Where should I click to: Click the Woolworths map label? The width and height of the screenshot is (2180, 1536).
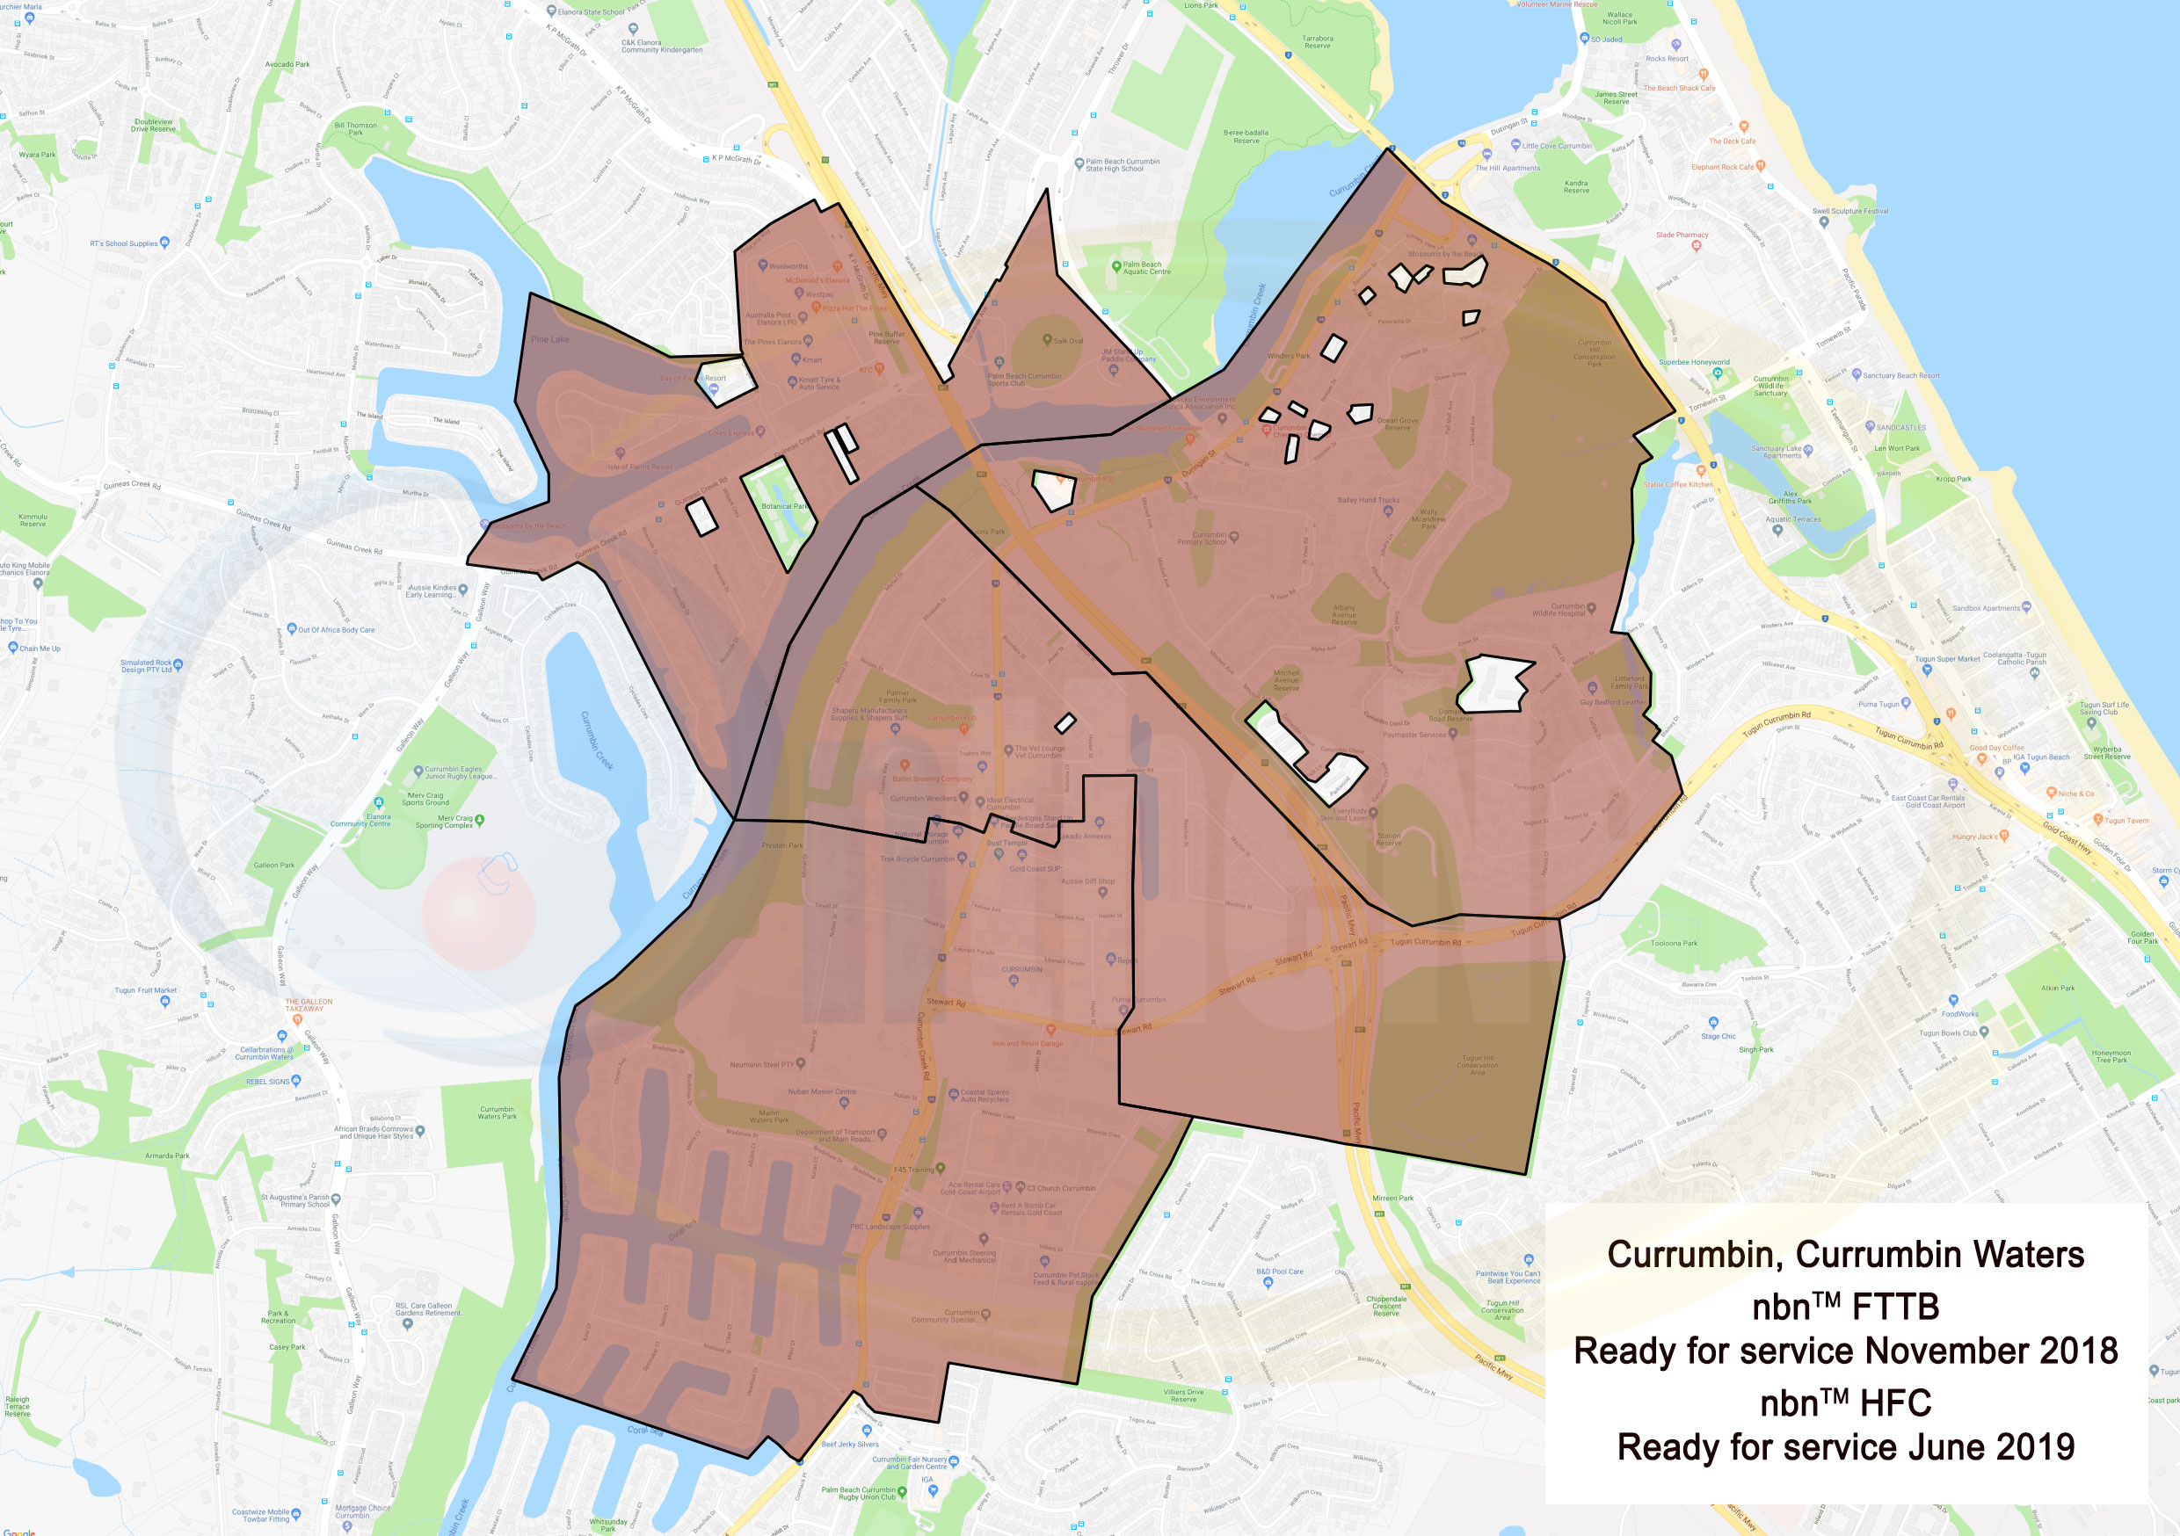tap(788, 267)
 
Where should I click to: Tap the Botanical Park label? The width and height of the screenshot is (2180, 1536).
tap(784, 506)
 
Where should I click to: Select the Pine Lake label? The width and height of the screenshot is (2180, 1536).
tap(549, 339)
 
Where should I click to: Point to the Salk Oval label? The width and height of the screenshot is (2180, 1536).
tap(1068, 341)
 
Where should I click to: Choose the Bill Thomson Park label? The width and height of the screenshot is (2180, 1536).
tap(355, 128)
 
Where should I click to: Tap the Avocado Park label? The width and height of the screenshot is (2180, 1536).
tap(287, 64)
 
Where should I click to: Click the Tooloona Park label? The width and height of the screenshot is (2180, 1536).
tap(1674, 944)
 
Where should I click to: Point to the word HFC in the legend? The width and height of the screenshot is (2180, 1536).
tap(1895, 1403)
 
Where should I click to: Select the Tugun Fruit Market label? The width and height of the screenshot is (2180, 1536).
tap(145, 990)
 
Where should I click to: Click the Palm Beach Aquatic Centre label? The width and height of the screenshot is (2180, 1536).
tap(1146, 268)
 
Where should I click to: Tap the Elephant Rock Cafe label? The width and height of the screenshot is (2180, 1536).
tap(1722, 167)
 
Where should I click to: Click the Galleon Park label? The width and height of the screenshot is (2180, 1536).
tap(273, 865)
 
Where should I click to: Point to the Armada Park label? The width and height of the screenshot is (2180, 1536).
tap(166, 1156)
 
